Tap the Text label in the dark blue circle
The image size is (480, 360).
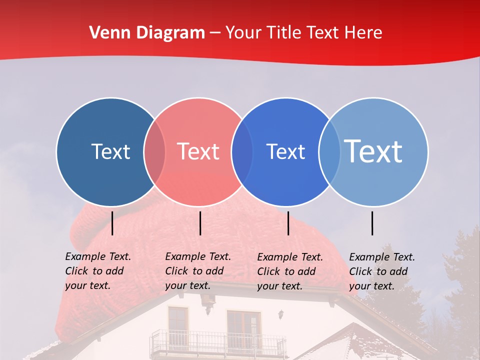point(110,151)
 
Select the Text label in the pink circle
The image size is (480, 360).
point(198,151)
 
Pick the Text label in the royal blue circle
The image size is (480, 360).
point(285,151)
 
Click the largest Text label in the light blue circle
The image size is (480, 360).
point(373,151)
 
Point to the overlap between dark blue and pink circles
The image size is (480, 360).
point(154,151)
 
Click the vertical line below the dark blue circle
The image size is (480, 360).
point(112,223)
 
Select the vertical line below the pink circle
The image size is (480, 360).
point(200,223)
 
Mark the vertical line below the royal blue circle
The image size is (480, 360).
point(288,223)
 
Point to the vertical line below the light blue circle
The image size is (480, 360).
point(372,223)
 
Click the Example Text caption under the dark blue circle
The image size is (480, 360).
point(97,271)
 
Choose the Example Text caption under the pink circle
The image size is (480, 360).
point(197,271)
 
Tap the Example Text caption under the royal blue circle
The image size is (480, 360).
point(289,271)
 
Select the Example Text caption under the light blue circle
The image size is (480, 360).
point(381,271)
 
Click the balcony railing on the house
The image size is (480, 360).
point(217,343)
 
